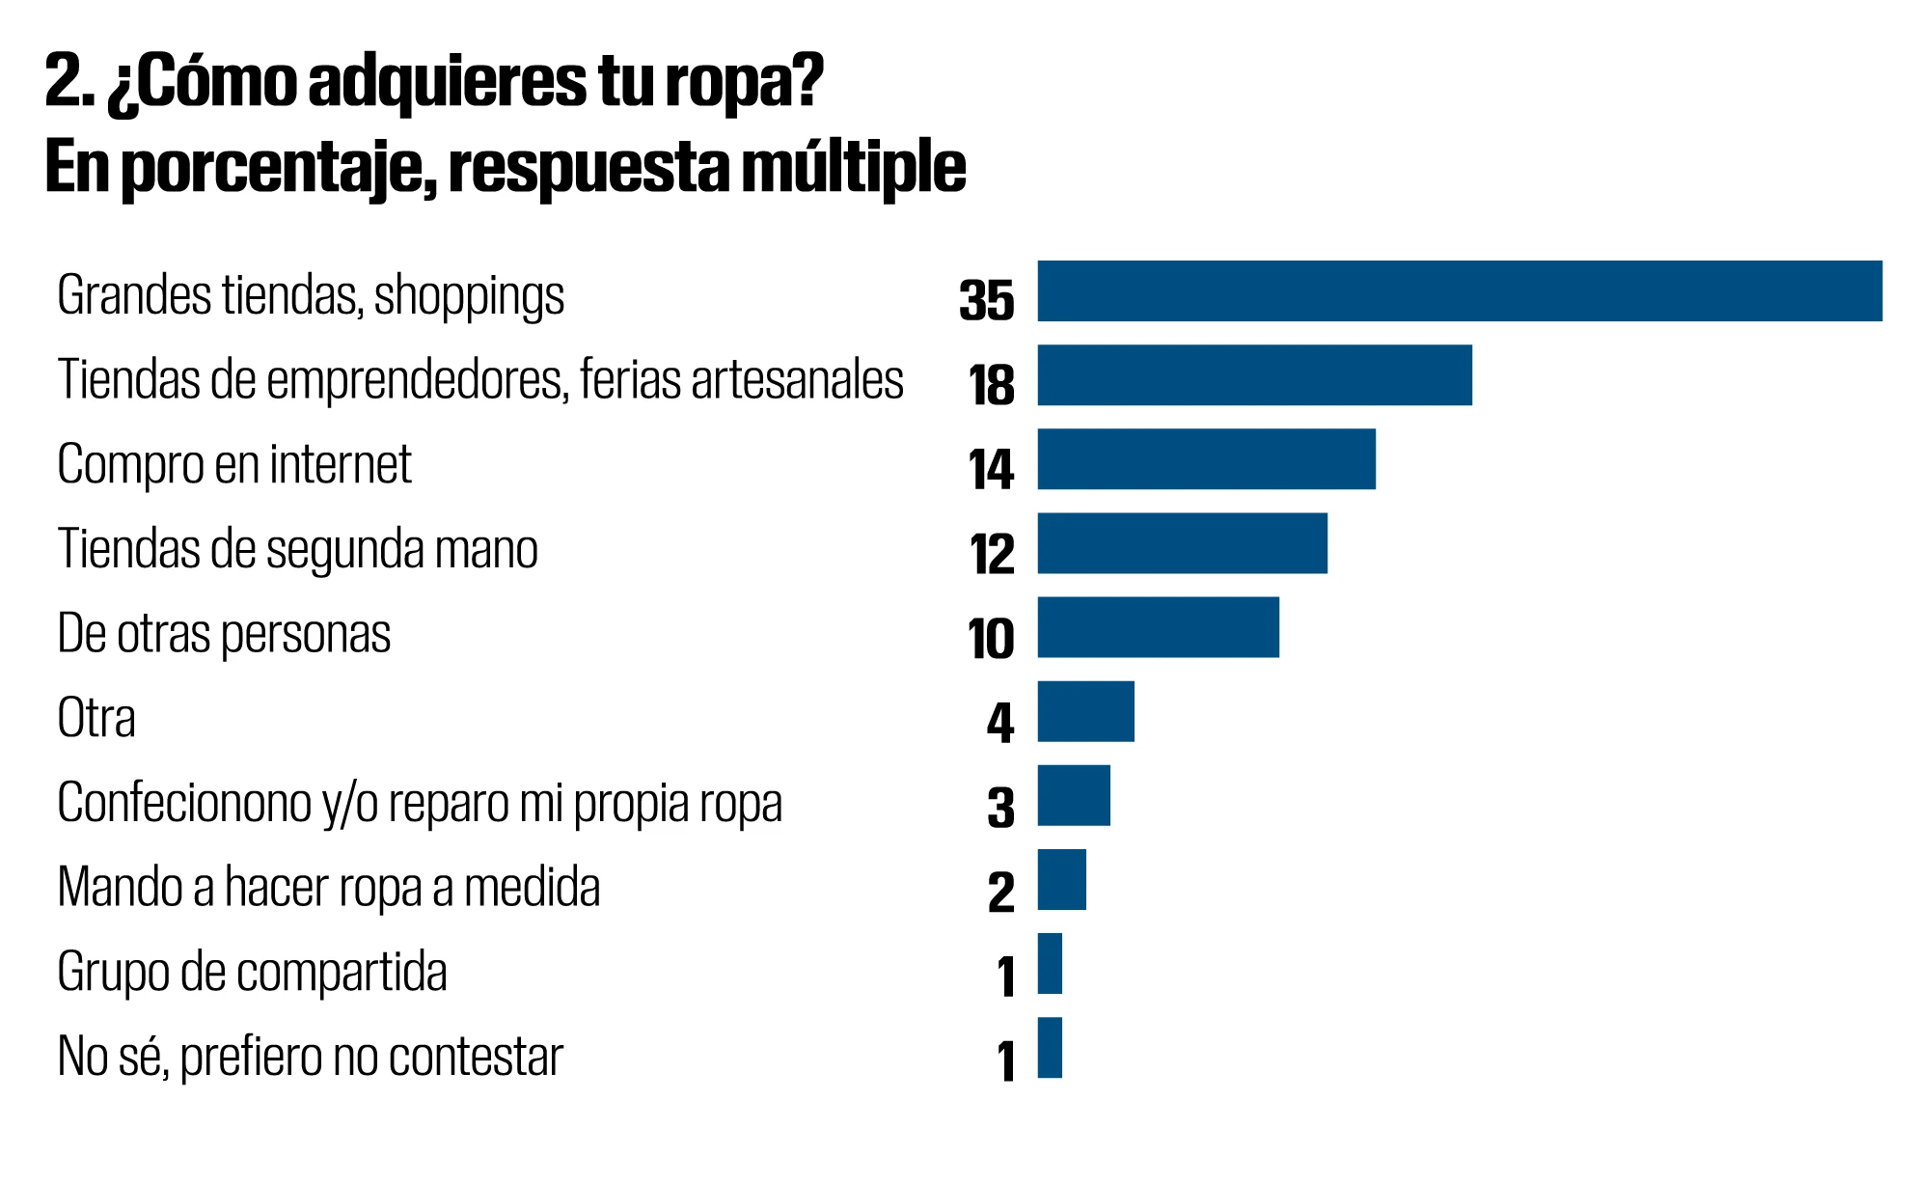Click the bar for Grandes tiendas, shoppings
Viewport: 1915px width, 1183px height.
(x=1459, y=290)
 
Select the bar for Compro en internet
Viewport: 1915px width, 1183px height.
(x=1206, y=459)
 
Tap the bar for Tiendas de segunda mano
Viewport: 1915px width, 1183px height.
(x=1182, y=543)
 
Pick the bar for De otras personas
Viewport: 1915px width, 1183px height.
(x=1158, y=627)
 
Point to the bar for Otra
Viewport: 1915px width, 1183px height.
(x=1085, y=711)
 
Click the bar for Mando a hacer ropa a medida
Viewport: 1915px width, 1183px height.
(x=1061, y=879)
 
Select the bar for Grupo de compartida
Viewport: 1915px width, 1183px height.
(x=1050, y=963)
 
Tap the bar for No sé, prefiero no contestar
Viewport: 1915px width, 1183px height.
(x=1050, y=1047)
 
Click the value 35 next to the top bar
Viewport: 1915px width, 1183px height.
(x=986, y=300)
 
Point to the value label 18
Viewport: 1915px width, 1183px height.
(x=991, y=385)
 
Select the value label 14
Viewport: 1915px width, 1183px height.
(x=991, y=470)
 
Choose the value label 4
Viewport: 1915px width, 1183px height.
(x=1000, y=723)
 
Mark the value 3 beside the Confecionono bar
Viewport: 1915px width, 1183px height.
(x=1000, y=808)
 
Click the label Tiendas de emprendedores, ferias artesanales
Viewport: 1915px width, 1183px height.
(x=480, y=379)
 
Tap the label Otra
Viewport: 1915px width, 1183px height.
(x=96, y=718)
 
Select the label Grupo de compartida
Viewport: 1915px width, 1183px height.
(x=252, y=972)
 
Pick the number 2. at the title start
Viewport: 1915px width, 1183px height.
(x=69, y=83)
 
